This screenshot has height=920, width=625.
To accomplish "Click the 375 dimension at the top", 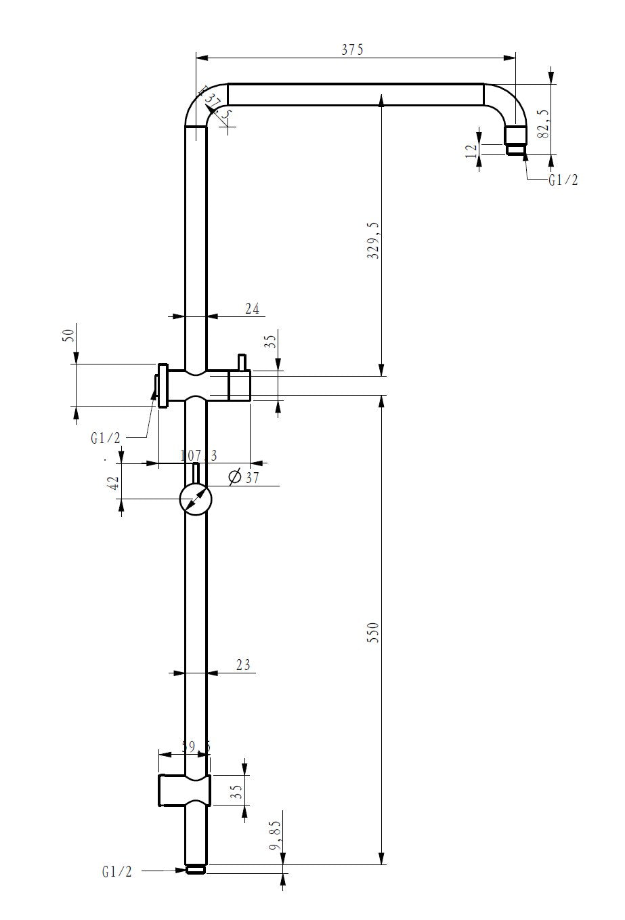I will click(x=353, y=49).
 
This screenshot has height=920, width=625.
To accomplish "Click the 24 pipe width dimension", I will click(x=252, y=309).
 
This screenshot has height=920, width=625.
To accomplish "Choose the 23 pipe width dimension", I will click(x=243, y=665).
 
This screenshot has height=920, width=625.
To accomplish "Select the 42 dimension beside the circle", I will click(x=114, y=482).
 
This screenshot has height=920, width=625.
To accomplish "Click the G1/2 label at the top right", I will click(x=563, y=180).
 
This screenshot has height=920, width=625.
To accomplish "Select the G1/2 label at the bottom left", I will click(x=117, y=872).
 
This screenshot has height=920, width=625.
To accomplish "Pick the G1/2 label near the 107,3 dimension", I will click(x=105, y=438).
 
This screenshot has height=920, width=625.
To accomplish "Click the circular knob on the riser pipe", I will click(x=196, y=500).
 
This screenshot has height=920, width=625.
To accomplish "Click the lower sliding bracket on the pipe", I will click(x=184, y=790).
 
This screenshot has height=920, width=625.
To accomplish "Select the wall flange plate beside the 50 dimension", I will click(x=163, y=385).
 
